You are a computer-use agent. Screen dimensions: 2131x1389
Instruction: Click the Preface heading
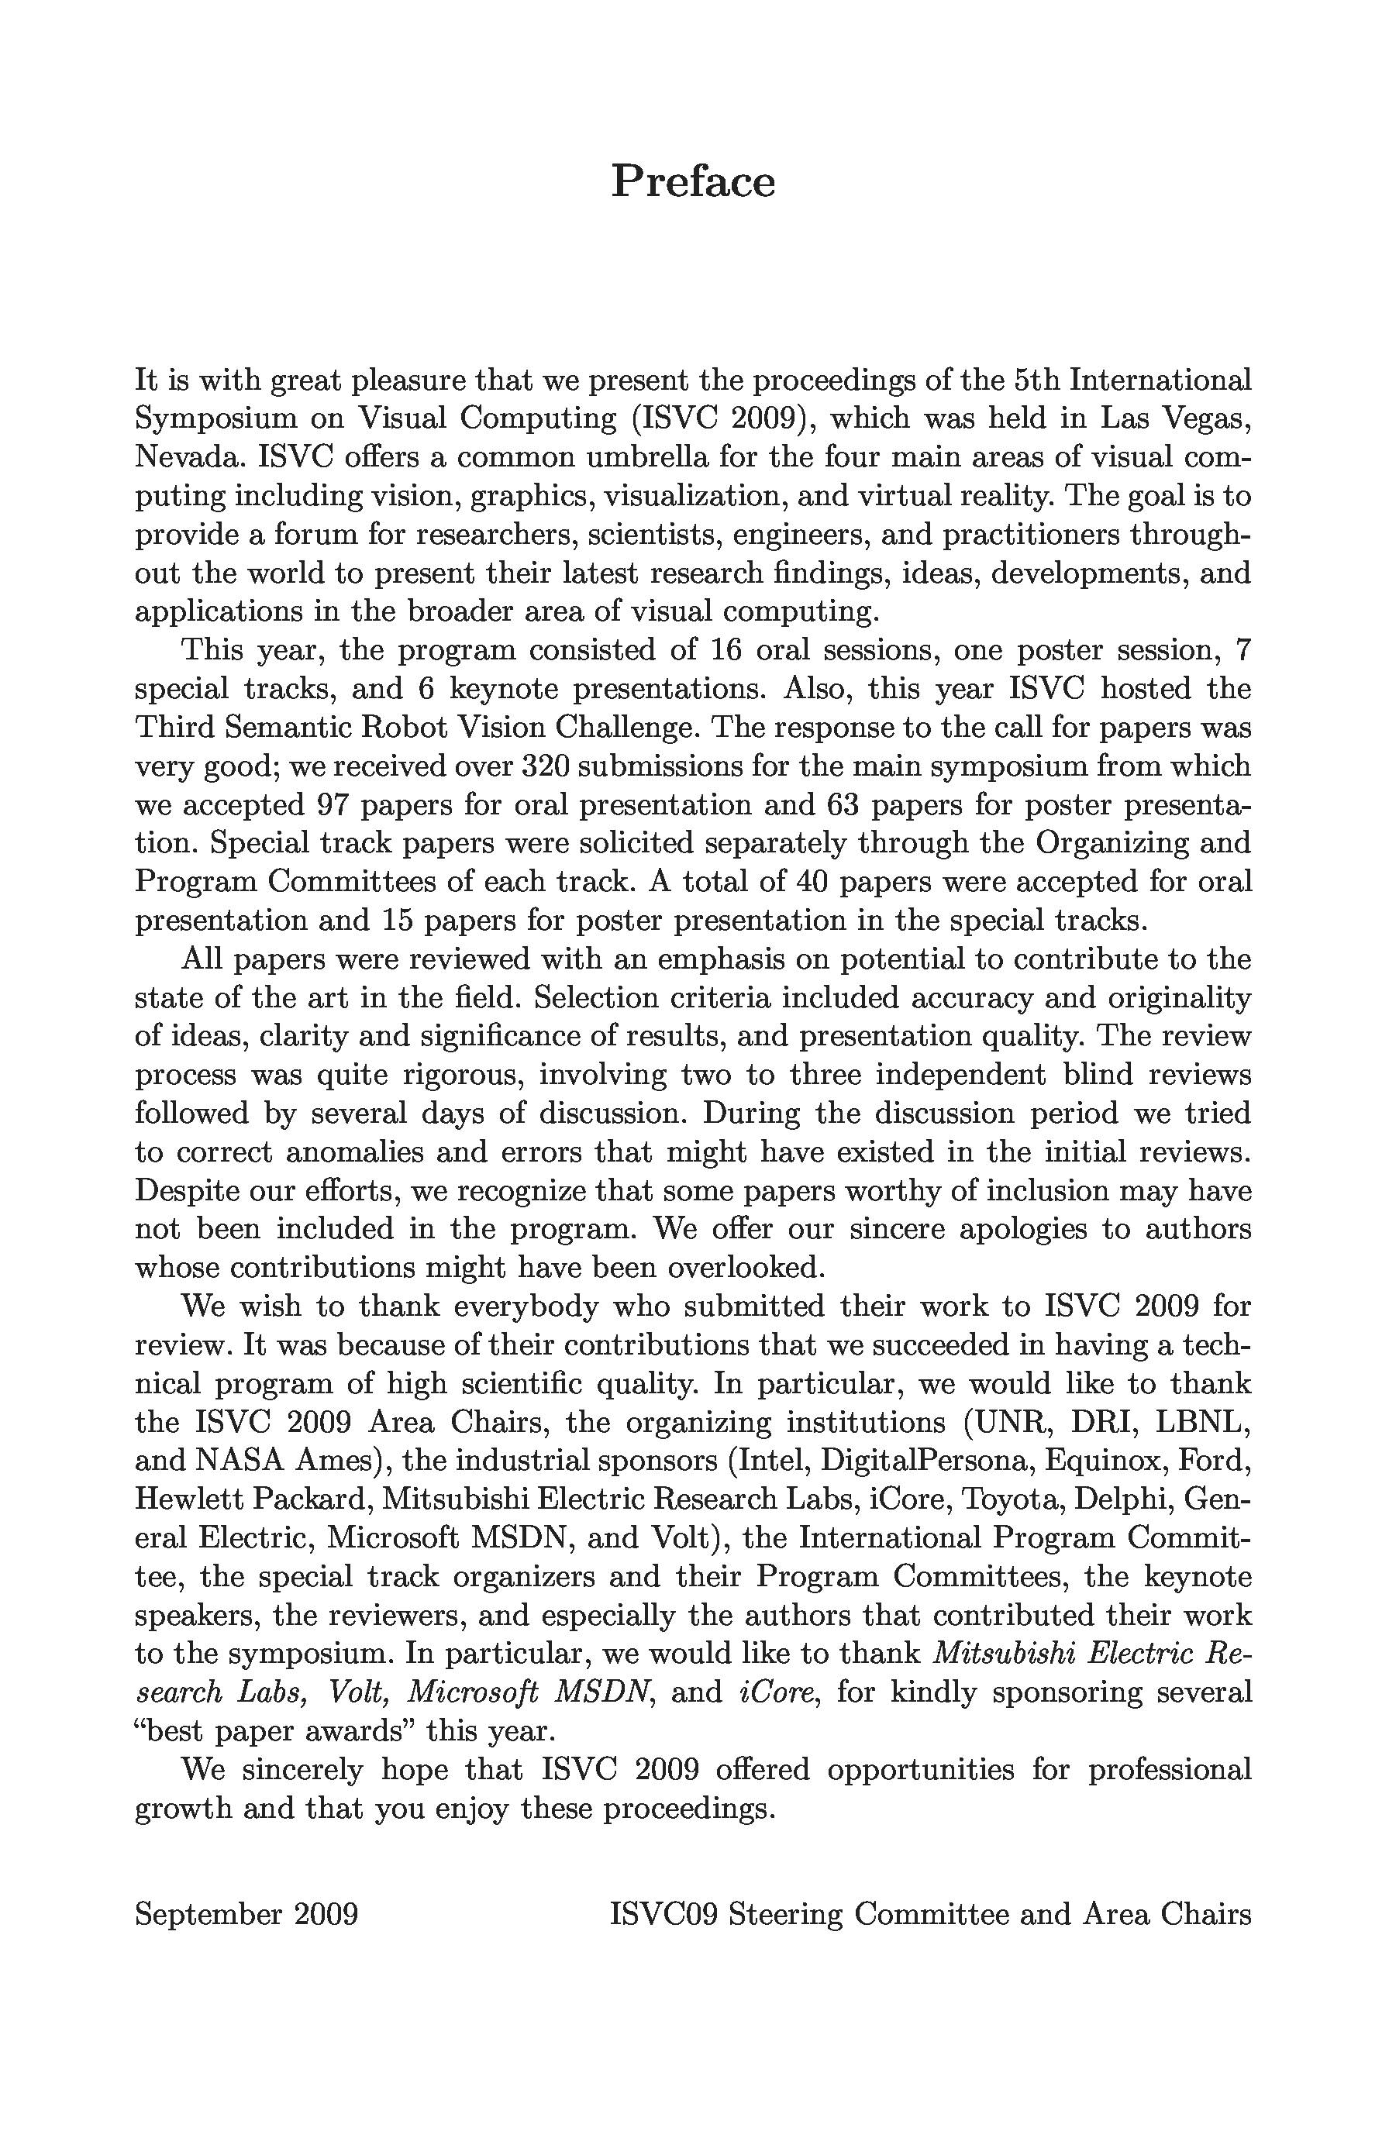[692, 182]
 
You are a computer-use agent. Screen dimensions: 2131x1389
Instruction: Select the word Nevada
[188, 457]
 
